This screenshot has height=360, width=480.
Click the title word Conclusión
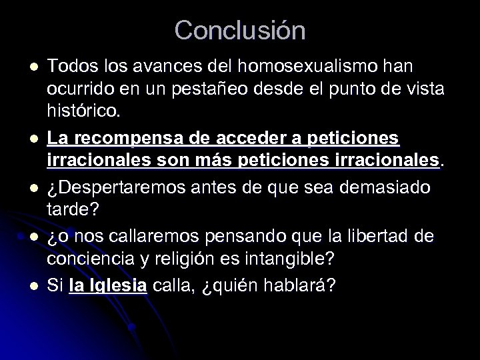click(240, 30)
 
